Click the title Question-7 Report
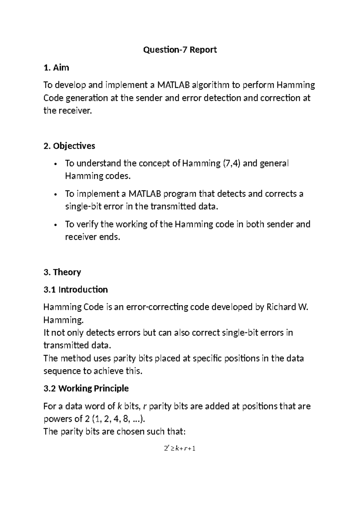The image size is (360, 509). (x=180, y=50)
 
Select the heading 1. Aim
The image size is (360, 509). (x=56, y=68)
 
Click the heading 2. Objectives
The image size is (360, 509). (x=69, y=146)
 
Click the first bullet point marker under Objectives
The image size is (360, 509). (x=55, y=164)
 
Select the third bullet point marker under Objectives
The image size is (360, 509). (x=55, y=225)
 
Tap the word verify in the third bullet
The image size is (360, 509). (x=87, y=224)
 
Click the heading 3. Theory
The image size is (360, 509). (x=62, y=272)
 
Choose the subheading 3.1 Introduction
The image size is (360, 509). (x=76, y=290)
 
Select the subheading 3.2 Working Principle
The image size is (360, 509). (x=86, y=388)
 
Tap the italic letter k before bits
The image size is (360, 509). (x=119, y=406)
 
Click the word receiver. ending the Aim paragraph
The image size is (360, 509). (x=75, y=111)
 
